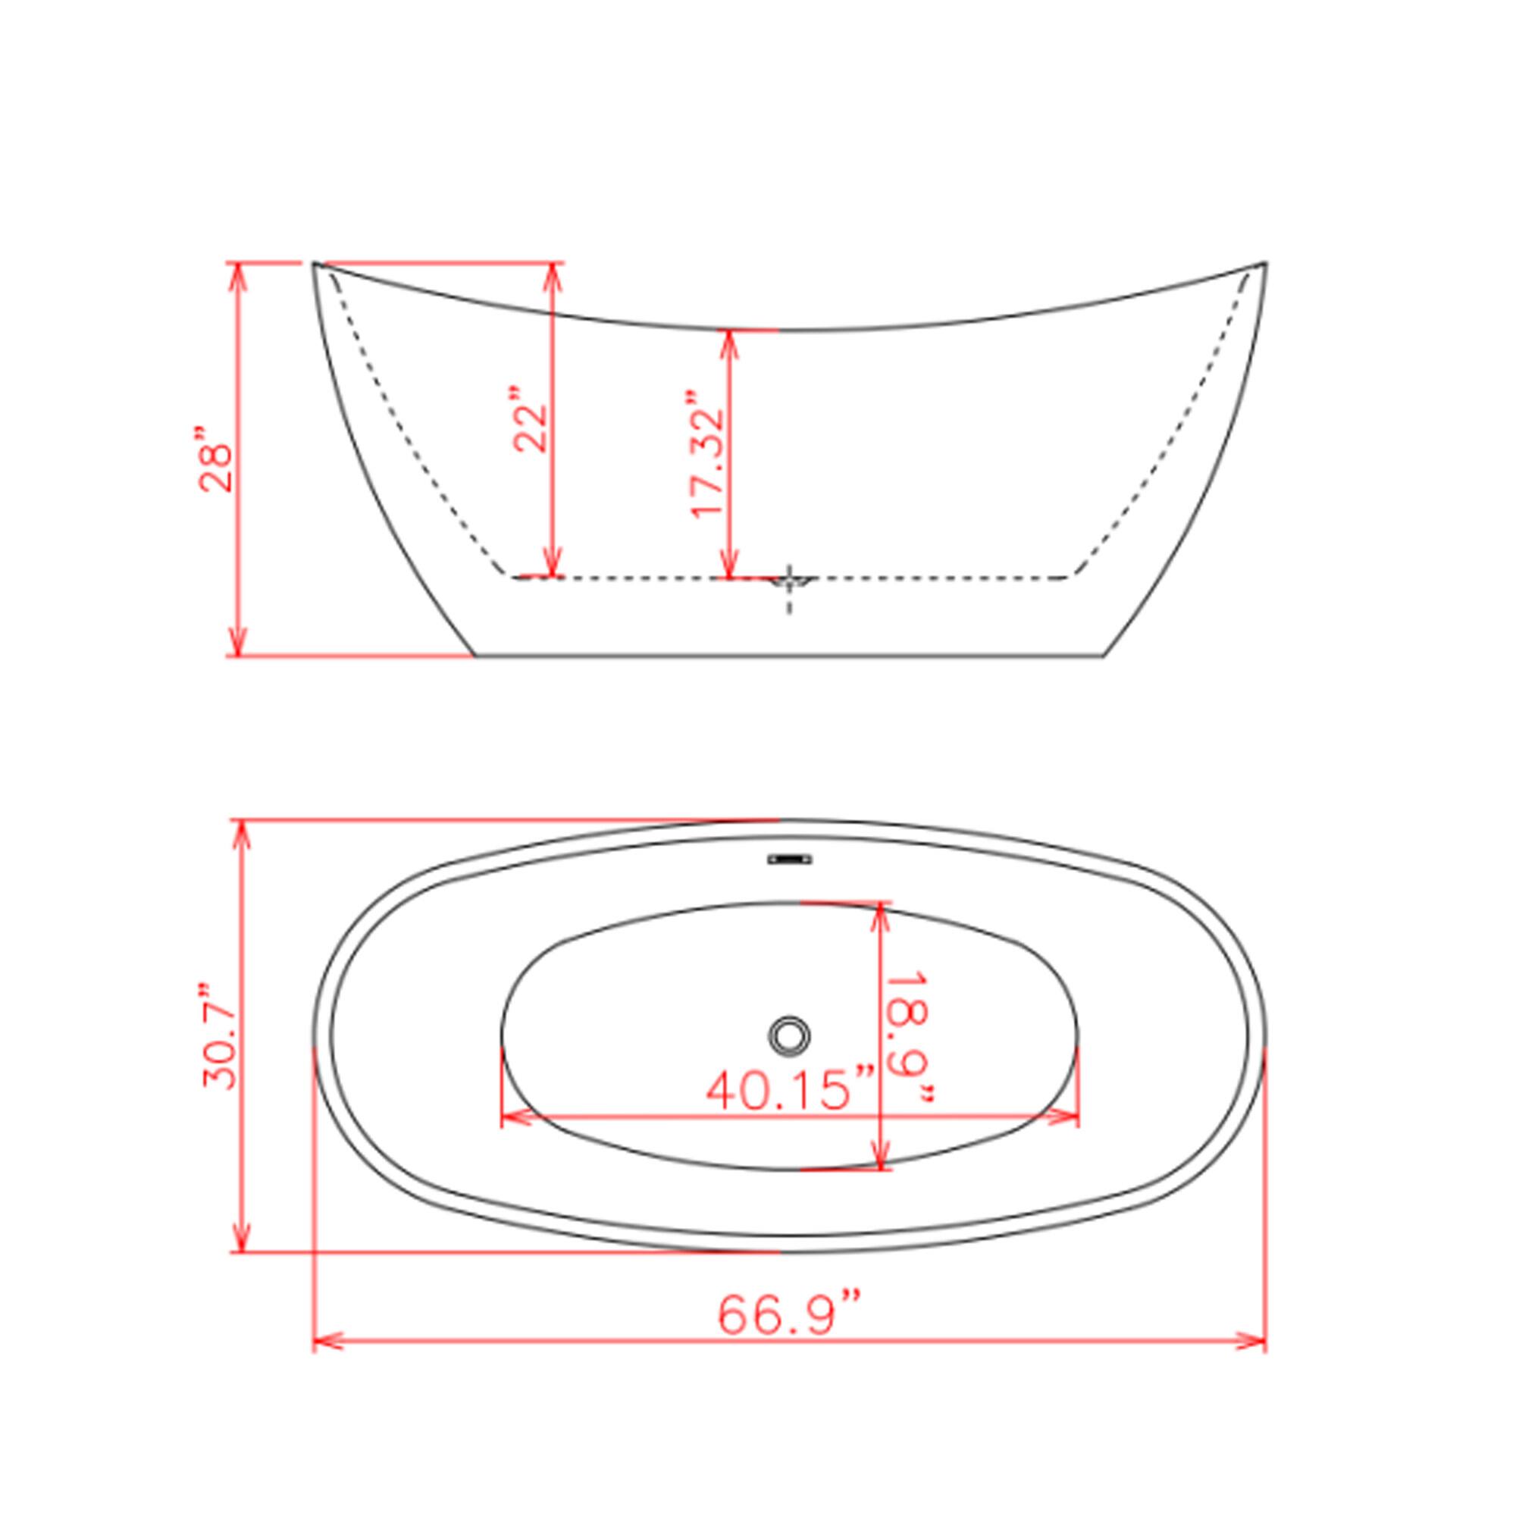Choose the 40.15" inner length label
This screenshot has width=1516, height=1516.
coord(789,1090)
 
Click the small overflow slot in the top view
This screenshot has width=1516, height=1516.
coord(788,860)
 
